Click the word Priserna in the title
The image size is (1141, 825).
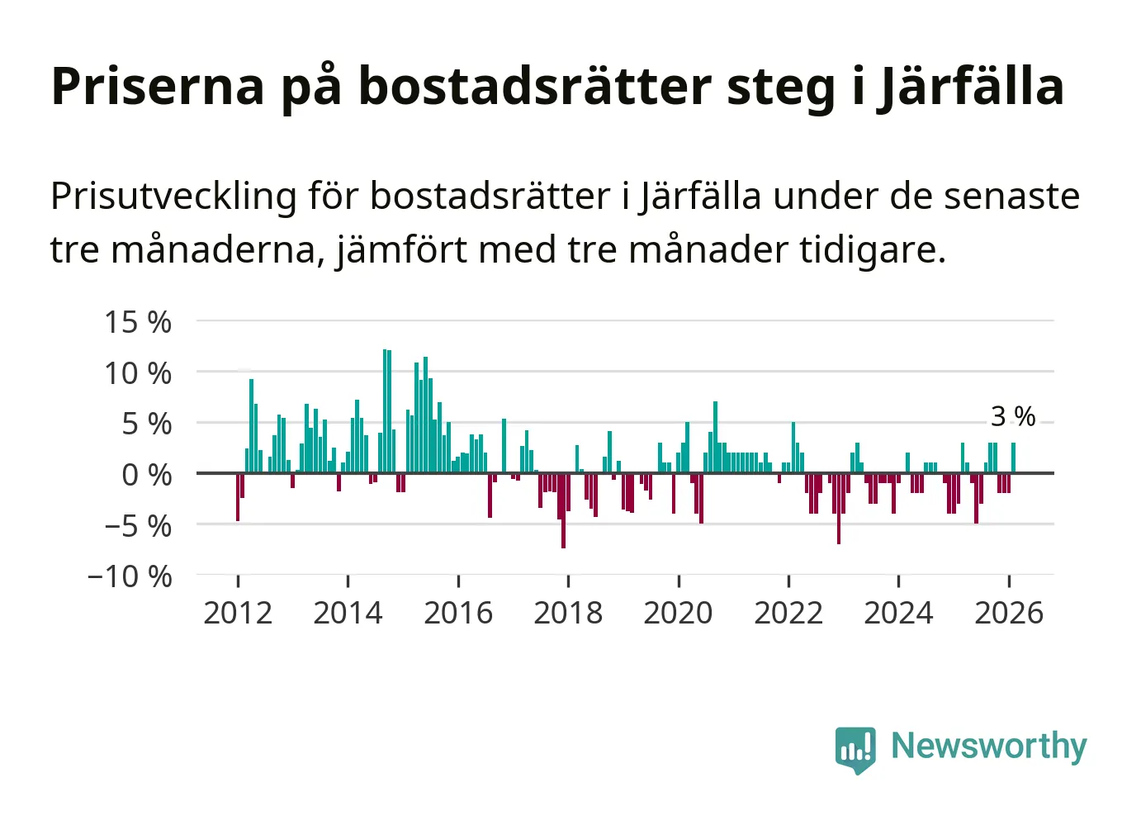(x=158, y=86)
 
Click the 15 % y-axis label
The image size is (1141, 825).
(x=138, y=322)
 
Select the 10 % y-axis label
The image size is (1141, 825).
(x=138, y=373)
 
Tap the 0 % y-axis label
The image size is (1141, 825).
(x=147, y=475)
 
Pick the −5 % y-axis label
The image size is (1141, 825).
(x=138, y=526)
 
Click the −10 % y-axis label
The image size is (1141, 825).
(x=130, y=576)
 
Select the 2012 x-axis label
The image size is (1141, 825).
(x=238, y=614)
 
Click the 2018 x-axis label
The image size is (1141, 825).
(x=568, y=614)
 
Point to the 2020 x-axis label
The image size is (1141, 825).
(x=678, y=614)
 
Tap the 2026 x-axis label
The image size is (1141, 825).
(x=1009, y=614)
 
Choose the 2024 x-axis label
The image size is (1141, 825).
(x=898, y=614)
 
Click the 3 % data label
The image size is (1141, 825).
(x=1013, y=416)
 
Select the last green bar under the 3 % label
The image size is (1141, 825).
(x=1013, y=458)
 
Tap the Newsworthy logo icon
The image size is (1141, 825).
(x=855, y=749)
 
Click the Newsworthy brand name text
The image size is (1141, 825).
(x=988, y=746)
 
